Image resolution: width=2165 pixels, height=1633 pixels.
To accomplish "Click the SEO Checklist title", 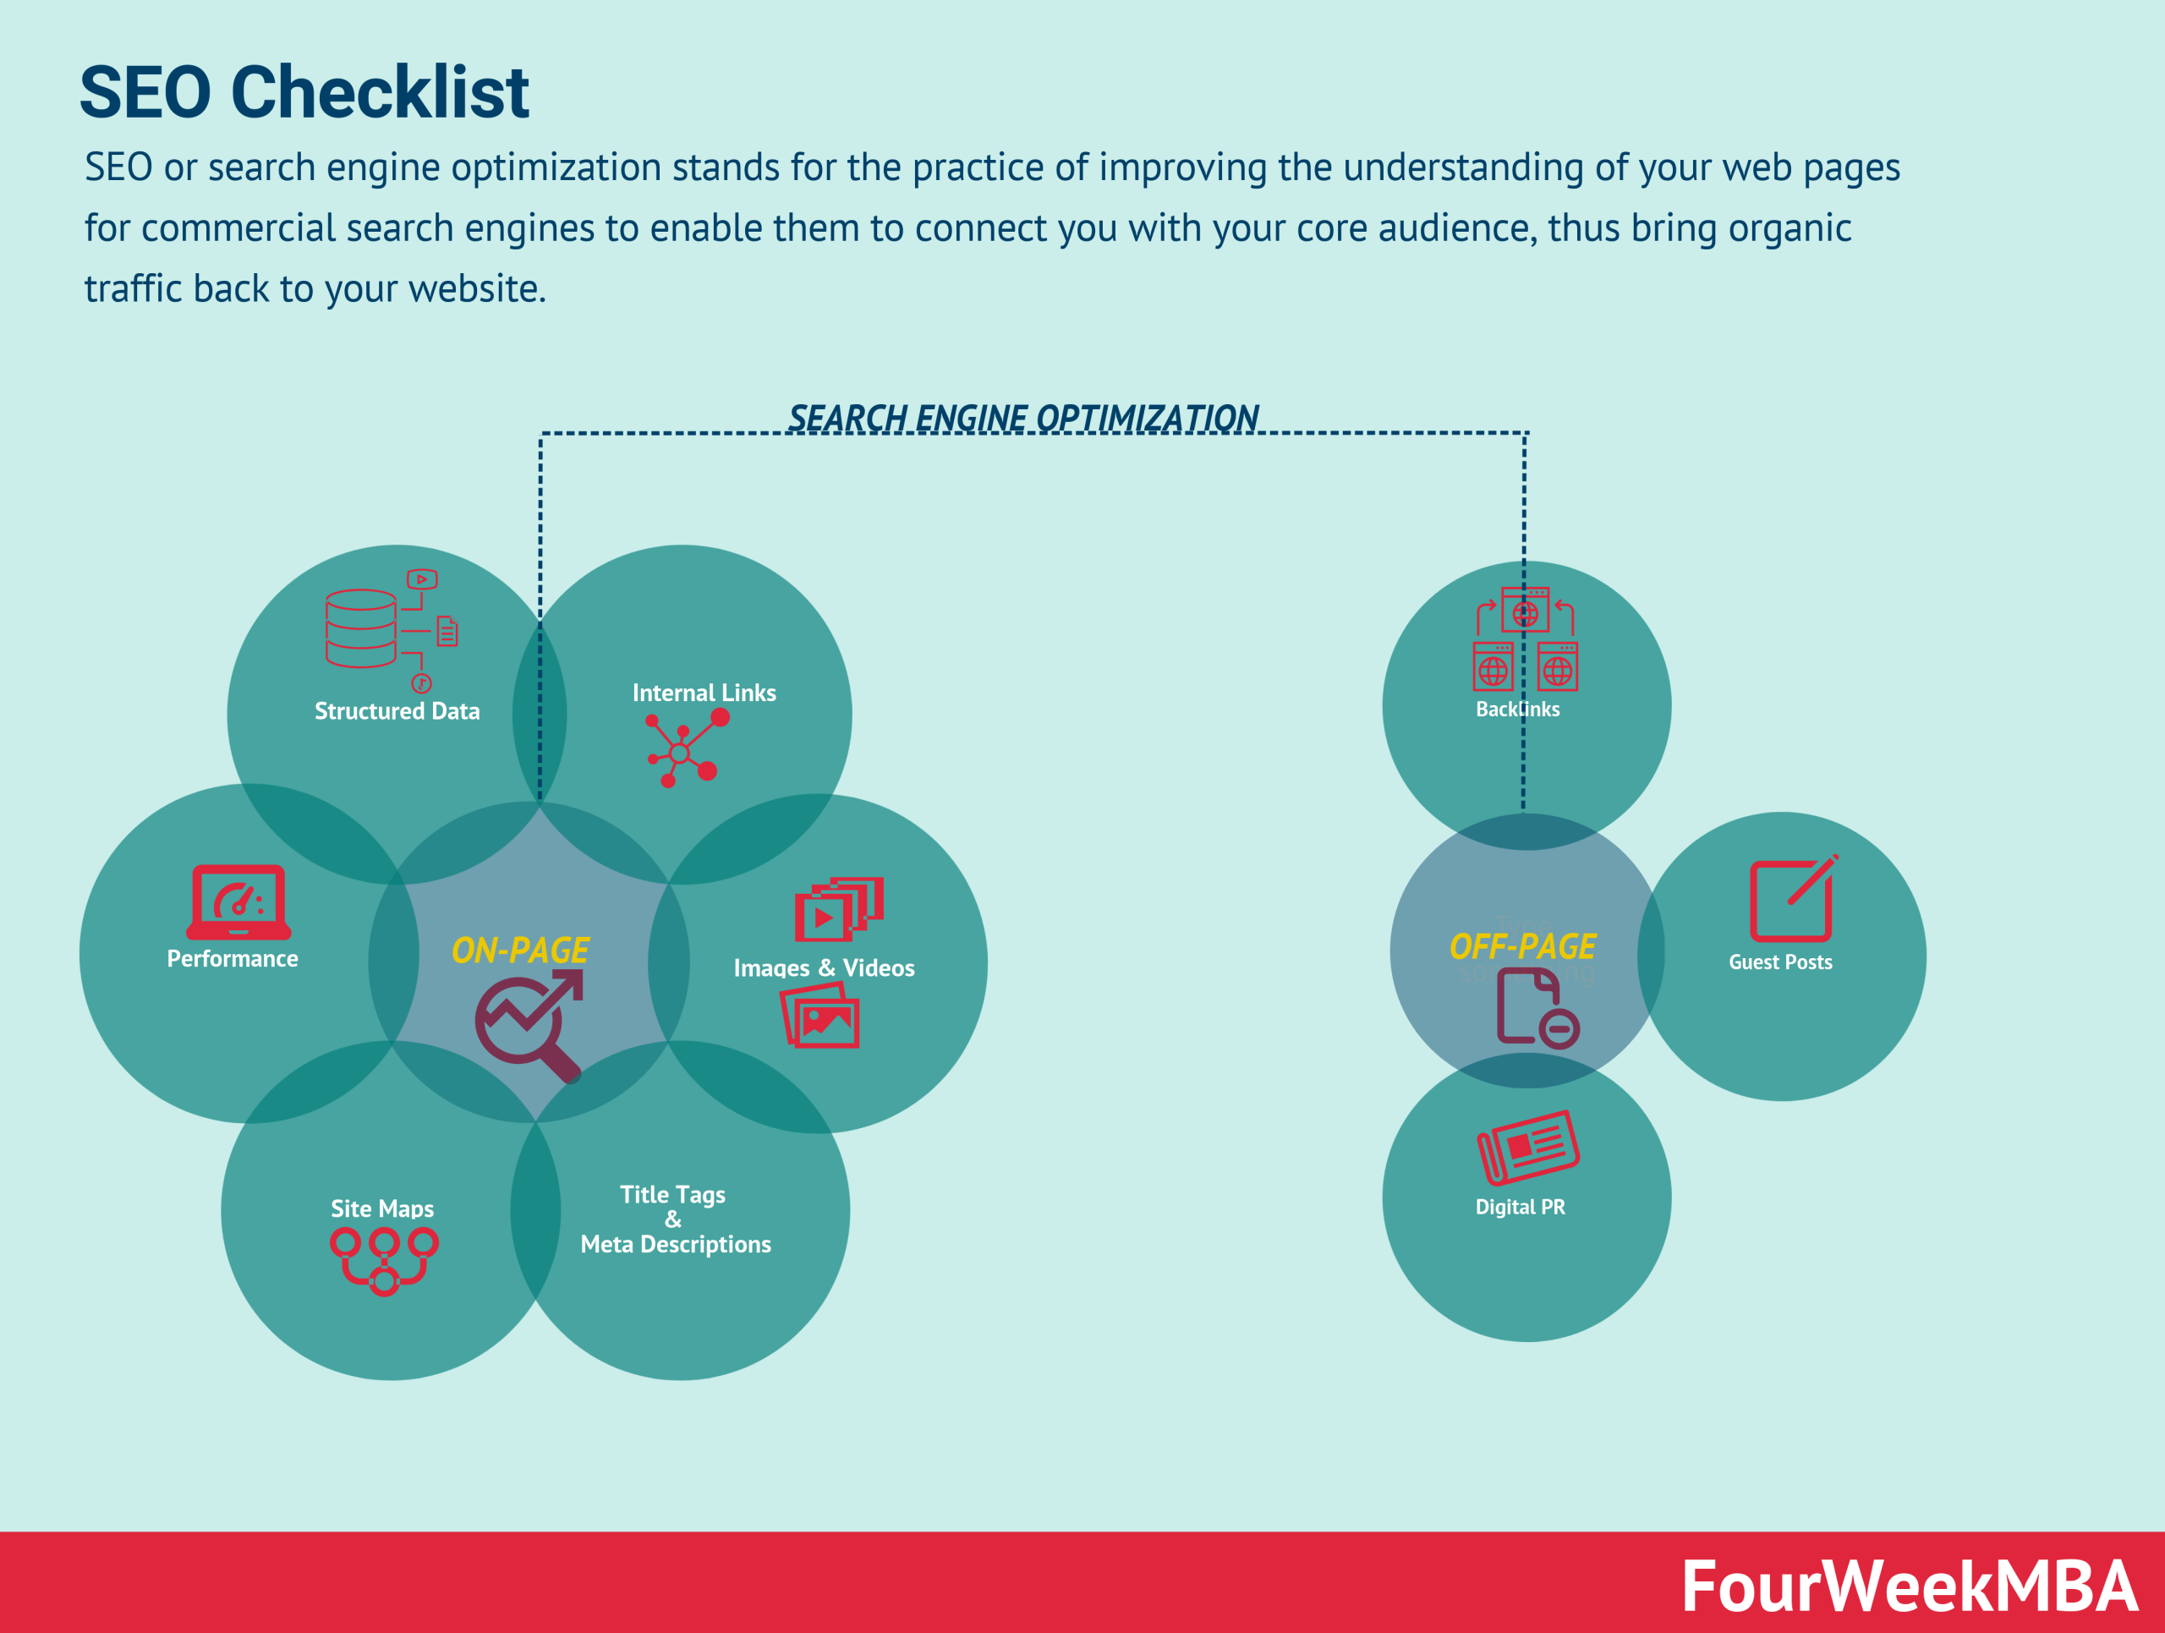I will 304,93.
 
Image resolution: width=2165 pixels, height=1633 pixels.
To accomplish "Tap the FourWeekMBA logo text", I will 1909,1586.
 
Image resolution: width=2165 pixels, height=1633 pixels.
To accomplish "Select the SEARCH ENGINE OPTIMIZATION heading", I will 1022,418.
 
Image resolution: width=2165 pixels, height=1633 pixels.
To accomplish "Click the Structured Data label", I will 397,711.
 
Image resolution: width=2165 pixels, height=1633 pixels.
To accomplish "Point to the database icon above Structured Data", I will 362,628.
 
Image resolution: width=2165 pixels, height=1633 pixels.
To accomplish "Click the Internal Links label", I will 704,693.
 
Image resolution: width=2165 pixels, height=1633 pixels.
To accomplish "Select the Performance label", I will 233,959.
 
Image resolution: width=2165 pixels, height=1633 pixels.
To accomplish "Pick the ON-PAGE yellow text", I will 520,950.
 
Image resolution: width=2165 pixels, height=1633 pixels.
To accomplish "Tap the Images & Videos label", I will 824,967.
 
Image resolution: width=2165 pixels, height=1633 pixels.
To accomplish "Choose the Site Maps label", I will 381,1208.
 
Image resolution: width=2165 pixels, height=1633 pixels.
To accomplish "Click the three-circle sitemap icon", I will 384,1260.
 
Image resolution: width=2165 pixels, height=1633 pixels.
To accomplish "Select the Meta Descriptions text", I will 676,1245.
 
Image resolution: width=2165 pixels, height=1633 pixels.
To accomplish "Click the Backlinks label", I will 1517,710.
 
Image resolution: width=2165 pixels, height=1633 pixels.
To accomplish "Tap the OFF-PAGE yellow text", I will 1522,946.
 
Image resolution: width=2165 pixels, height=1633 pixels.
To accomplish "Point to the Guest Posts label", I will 1780,962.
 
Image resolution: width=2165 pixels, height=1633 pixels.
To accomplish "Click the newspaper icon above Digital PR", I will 1528,1147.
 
